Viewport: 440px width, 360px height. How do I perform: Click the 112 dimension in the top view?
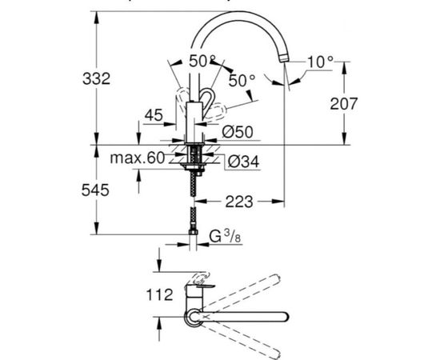click(159, 294)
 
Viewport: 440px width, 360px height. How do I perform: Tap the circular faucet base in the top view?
click(194, 318)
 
